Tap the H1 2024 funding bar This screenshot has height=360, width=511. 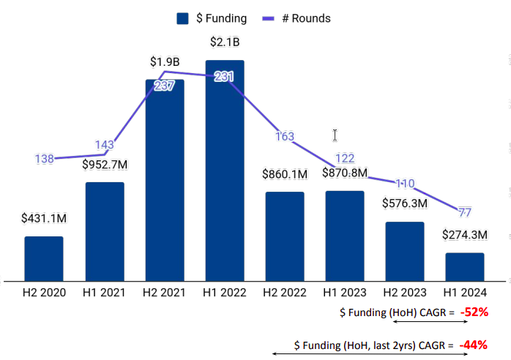(x=465, y=266)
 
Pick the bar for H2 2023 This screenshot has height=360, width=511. (x=405, y=250)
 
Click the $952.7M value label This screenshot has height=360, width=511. (x=105, y=165)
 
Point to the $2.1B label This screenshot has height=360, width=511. (x=225, y=41)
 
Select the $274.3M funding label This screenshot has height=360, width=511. (x=465, y=236)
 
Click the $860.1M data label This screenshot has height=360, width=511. (x=285, y=174)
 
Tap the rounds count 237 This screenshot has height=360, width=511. (x=164, y=86)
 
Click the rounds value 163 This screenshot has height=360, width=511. (x=285, y=137)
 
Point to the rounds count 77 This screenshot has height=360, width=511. (x=465, y=213)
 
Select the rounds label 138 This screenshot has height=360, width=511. (x=45, y=159)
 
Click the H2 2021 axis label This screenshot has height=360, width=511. (x=165, y=293)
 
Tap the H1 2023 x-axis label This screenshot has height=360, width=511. (x=345, y=293)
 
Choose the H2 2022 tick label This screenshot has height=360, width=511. (x=285, y=293)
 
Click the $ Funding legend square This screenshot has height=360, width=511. (x=183, y=18)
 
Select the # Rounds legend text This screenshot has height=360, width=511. (x=307, y=18)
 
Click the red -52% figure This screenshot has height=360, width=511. (x=474, y=312)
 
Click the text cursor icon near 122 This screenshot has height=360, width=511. (x=335, y=135)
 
